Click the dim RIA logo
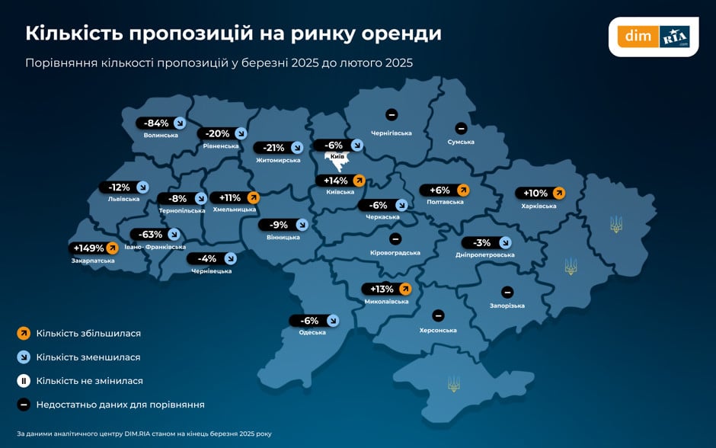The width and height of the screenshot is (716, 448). (x=654, y=36)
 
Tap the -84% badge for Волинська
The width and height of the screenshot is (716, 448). (x=161, y=123)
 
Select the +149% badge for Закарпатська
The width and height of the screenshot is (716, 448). (x=95, y=248)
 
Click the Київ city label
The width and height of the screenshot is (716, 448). (x=336, y=156)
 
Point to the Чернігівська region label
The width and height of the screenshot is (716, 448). (x=391, y=133)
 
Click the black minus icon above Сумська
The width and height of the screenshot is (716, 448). (x=461, y=128)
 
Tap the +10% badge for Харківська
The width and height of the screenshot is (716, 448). (x=541, y=193)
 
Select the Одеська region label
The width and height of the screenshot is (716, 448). (x=312, y=332)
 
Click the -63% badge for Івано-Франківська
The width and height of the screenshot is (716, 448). (x=157, y=235)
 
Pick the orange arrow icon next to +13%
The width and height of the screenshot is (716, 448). (x=404, y=289)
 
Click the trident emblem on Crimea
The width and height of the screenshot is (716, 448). (x=454, y=383)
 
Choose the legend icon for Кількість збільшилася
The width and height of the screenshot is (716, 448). (x=24, y=333)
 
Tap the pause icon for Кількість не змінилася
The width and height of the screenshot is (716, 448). (x=24, y=380)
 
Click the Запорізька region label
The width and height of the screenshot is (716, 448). (x=507, y=306)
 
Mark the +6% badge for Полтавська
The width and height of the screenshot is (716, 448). (x=446, y=190)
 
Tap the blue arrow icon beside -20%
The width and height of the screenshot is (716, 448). (x=240, y=133)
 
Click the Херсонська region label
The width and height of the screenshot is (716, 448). (x=438, y=330)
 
